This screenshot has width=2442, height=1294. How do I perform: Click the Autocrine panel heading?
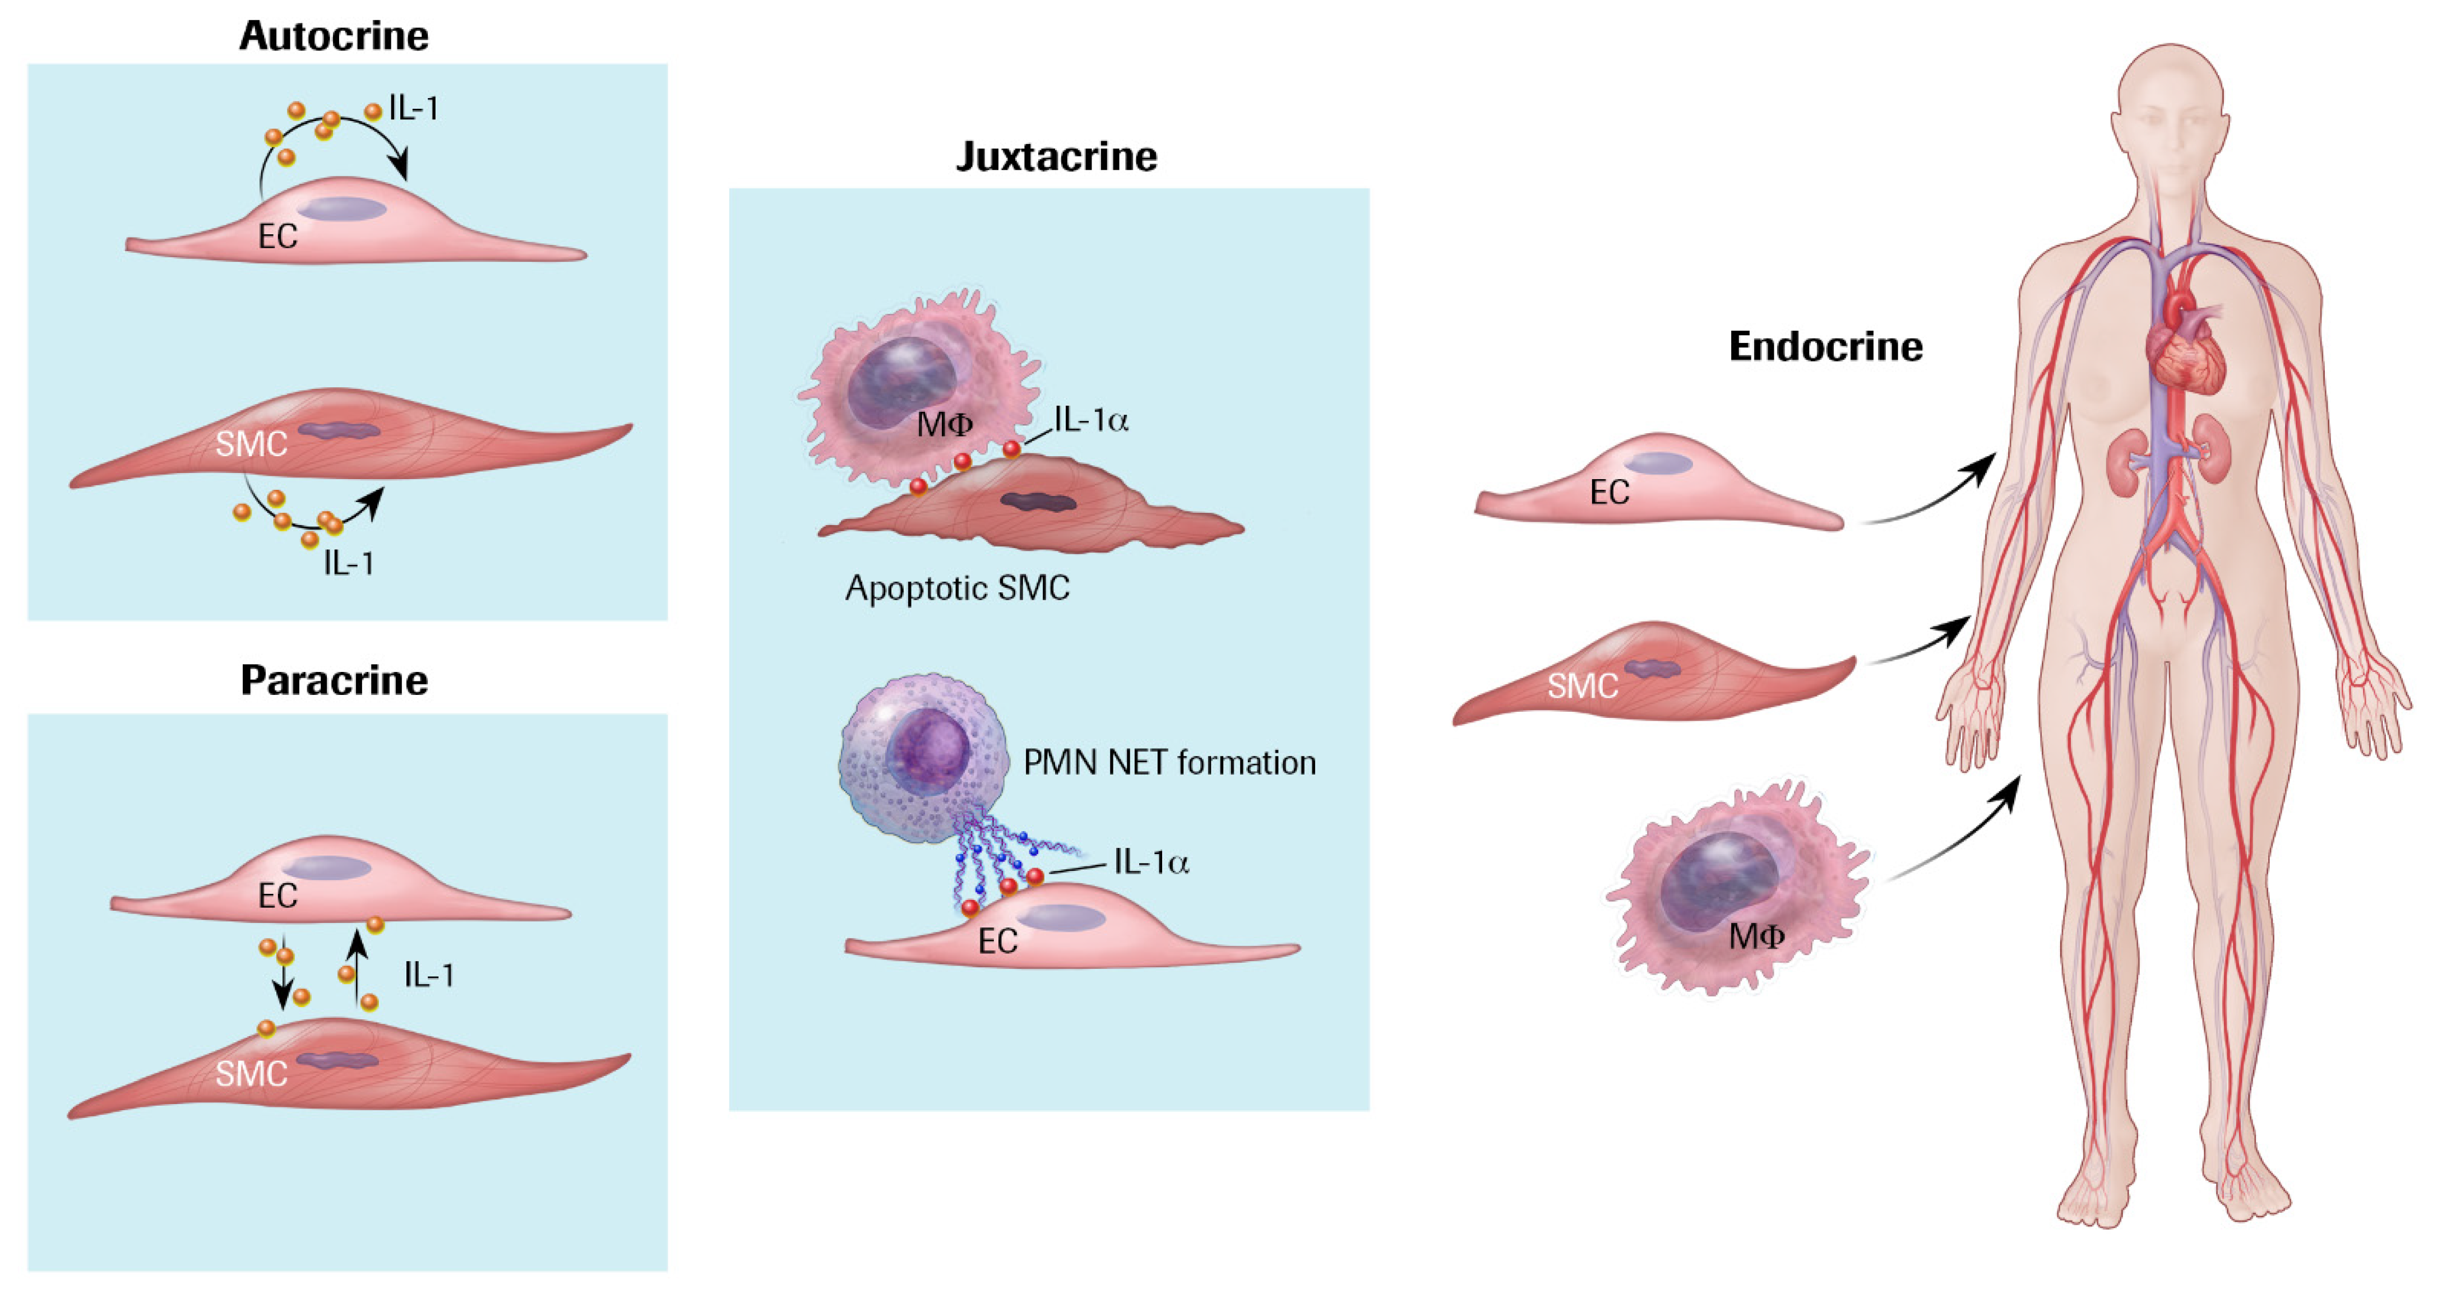[x=333, y=36]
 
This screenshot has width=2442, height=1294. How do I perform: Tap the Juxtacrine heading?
[x=1056, y=156]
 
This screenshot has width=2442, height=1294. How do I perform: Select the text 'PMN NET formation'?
[x=1169, y=762]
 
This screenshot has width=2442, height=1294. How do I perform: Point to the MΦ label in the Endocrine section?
[x=1756, y=936]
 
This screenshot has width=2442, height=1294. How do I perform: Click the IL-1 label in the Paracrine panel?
[x=428, y=975]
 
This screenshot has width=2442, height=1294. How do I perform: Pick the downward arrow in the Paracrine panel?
[x=283, y=976]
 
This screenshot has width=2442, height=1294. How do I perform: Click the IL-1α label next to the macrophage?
[x=1091, y=420]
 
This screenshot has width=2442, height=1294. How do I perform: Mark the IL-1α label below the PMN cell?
[x=1151, y=862]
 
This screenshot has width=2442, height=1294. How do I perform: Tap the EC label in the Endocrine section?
[x=1609, y=492]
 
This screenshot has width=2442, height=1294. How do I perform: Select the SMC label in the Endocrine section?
[x=1582, y=685]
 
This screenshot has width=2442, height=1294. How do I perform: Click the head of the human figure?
[x=2170, y=114]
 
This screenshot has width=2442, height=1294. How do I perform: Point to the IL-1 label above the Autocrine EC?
[x=413, y=109]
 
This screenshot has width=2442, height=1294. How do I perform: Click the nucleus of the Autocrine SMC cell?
[x=339, y=430]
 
